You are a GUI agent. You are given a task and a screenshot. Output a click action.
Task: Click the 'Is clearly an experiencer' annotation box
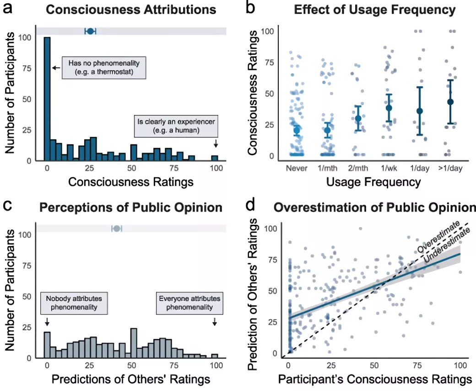pos(176,127)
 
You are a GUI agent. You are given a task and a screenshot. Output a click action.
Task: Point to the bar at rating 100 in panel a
pos(215,158)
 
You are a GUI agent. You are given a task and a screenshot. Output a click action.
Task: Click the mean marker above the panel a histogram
pos(90,31)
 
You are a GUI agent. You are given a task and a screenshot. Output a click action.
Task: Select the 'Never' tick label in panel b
pos(297,168)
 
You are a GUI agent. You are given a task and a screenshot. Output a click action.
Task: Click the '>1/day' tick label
pos(451,168)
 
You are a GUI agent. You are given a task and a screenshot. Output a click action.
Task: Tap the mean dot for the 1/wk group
pos(389,108)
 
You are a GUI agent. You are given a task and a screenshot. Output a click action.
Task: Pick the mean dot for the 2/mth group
pos(358,118)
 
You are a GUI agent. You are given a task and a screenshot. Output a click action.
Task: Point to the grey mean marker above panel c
pos(117,228)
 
